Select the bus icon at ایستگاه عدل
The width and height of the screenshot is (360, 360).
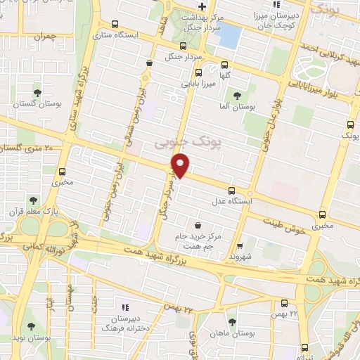(x=232, y=190)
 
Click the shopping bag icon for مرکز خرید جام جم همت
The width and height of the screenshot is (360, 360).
(x=198, y=225)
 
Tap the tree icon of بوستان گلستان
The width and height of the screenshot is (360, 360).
(x=37, y=92)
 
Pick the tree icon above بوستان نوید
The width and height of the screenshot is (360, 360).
(x=30, y=326)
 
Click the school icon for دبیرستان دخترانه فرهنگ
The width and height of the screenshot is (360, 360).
(x=125, y=307)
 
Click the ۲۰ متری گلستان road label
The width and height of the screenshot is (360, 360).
(x=30, y=148)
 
